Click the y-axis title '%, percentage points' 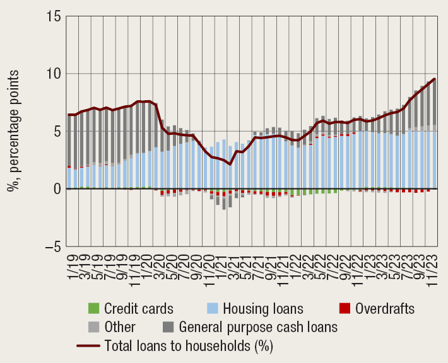(x=14, y=131)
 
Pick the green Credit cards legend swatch (x=93, y=309)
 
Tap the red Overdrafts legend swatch (x=344, y=309)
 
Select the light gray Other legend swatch (x=93, y=327)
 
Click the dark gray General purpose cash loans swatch (x=168, y=327)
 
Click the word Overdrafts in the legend (x=385, y=309)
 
